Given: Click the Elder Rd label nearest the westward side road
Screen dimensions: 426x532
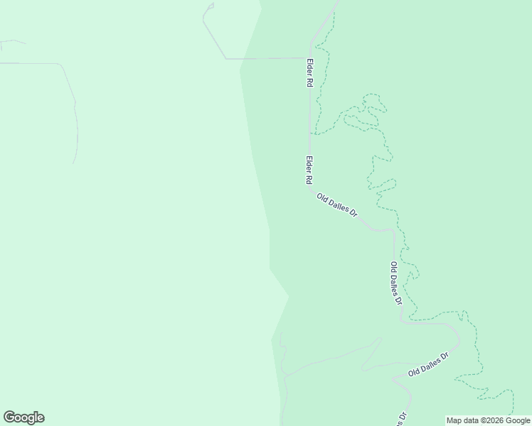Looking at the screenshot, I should pos(310,72).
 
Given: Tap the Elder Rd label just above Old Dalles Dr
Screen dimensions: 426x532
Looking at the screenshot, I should pos(309,171).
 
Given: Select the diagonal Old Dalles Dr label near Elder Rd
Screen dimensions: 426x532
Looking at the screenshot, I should pos(336,206).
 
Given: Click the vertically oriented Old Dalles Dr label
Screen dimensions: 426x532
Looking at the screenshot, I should pos(396,283).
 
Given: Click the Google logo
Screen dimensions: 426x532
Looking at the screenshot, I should pos(23,417).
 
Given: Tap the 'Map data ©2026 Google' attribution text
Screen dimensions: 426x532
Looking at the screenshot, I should pos(489,420).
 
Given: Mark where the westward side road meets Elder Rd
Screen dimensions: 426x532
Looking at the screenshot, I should pos(308,58).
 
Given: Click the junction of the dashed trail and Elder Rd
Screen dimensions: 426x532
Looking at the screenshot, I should pos(310,133).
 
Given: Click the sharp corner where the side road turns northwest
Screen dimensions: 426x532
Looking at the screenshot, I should pos(226,58).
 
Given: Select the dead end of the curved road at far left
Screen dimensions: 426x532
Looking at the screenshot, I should pos(74,163).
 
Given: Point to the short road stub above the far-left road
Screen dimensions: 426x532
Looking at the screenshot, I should pos(13,43).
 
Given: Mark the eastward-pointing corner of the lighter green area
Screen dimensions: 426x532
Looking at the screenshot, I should pos(289,295).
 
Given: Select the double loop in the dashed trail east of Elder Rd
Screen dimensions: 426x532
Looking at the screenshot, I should pos(366,114).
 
